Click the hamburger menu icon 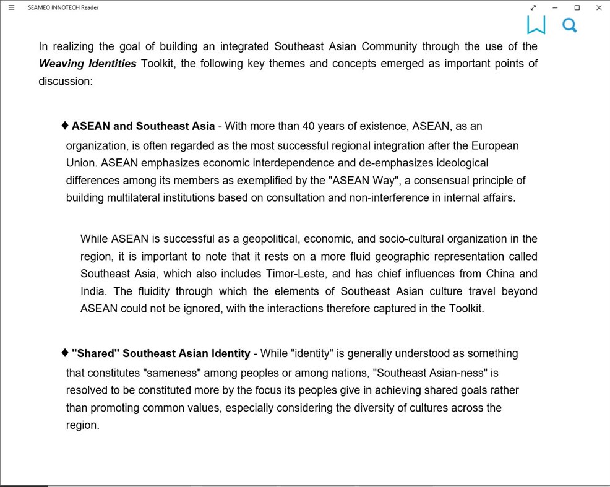pyautogui.click(x=11, y=7)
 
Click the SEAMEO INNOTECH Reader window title pyautogui.click(x=63, y=7)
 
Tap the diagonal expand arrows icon pyautogui.click(x=533, y=7)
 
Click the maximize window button pyautogui.click(x=577, y=7)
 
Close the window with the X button pyautogui.click(x=598, y=7)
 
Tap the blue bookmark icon pyautogui.click(x=536, y=25)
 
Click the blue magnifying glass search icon pyautogui.click(x=569, y=25)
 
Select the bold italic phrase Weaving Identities pyautogui.click(x=87, y=64)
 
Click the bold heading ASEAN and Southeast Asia pyautogui.click(x=143, y=126)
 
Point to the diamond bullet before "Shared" pyautogui.click(x=65, y=353)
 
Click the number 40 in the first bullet pyautogui.click(x=309, y=126)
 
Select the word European pyautogui.click(x=495, y=146)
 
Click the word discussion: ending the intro pyautogui.click(x=66, y=81)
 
